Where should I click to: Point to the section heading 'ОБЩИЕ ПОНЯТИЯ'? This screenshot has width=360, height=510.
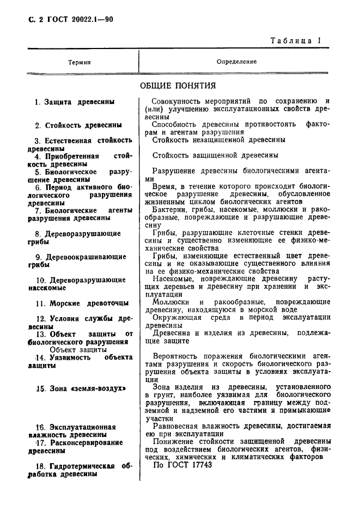pos(178,86)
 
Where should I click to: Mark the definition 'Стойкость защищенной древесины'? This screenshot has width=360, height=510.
pos(216,155)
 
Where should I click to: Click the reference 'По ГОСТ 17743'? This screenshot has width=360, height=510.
pos(182,465)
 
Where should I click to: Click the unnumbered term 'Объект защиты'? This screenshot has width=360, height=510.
pos(74,349)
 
